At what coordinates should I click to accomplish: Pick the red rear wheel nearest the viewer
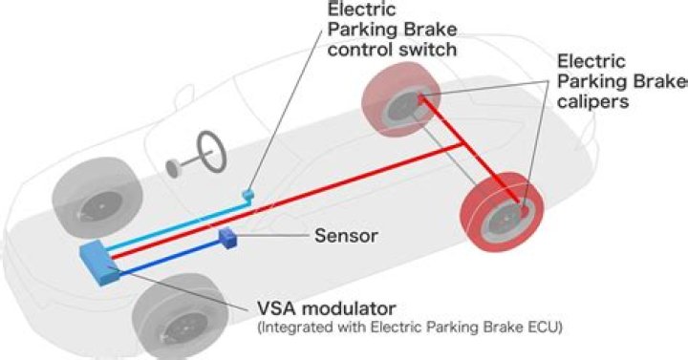point(503,213)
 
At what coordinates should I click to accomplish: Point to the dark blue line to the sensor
point(172,253)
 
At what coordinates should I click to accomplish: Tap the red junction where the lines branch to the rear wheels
point(465,145)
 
